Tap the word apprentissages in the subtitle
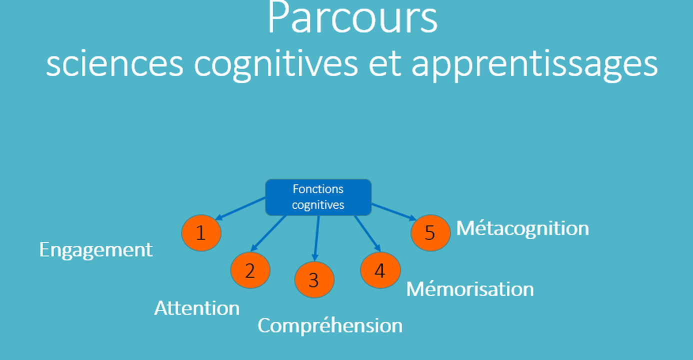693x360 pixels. (x=534, y=66)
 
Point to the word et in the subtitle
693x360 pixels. (x=384, y=65)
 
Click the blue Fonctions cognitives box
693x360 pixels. (x=318, y=197)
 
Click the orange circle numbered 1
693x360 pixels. (x=200, y=233)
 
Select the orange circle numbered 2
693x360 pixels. (x=250, y=270)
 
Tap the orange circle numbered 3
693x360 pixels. (x=314, y=280)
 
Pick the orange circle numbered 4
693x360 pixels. (x=380, y=270)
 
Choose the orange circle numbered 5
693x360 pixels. (x=430, y=233)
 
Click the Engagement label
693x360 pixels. (x=96, y=250)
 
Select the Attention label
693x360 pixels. (x=196, y=308)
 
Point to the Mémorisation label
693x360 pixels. (x=469, y=289)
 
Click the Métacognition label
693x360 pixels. (x=522, y=228)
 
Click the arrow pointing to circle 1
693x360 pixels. (x=240, y=208)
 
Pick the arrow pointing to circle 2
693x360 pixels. (x=268, y=233)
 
